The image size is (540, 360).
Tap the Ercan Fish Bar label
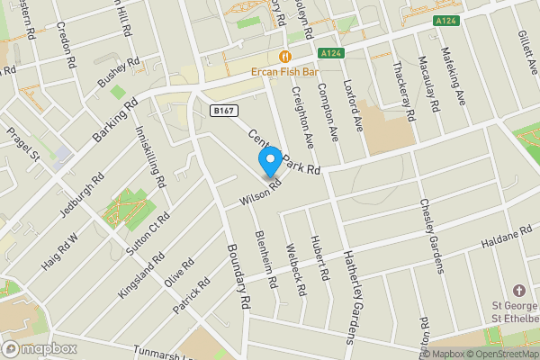tap(286, 69)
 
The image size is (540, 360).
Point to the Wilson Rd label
tap(261, 190)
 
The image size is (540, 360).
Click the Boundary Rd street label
tap(237, 275)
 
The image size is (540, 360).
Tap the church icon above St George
tap(518, 292)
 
